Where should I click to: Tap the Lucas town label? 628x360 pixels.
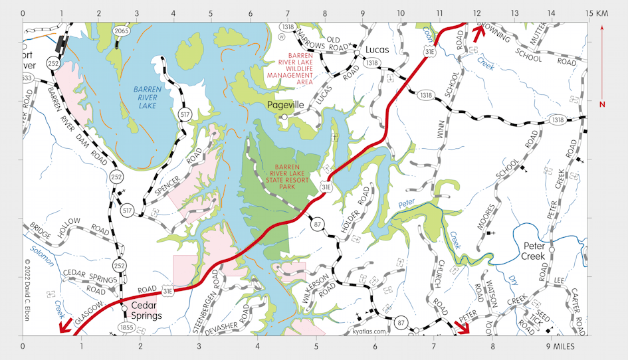(377, 50)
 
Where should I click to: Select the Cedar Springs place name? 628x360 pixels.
(146, 311)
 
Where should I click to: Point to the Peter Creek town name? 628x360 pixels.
(533, 250)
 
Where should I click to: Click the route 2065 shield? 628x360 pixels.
(121, 31)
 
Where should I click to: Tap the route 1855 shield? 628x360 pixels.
(124, 327)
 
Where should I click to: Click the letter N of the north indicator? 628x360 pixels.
(601, 104)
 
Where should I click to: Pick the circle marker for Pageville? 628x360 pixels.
(284, 117)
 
